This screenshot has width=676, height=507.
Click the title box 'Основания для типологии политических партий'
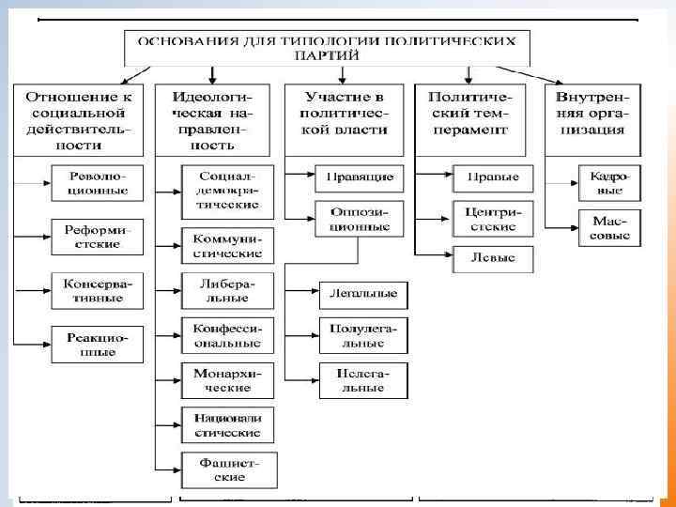click(x=327, y=48)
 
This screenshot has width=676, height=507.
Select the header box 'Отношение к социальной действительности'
click(x=78, y=118)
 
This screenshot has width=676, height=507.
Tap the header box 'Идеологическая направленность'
click(x=221, y=118)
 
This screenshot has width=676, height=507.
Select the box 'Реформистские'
click(x=98, y=237)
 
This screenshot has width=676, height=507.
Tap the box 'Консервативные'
click(x=98, y=291)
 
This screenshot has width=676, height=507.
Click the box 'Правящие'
click(x=360, y=177)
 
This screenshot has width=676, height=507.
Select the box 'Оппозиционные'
click(x=360, y=219)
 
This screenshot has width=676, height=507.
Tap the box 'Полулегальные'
click(x=363, y=336)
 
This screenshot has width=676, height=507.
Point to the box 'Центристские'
click(x=492, y=219)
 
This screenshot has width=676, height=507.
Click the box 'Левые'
click(x=492, y=258)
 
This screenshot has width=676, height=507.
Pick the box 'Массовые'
click(x=609, y=225)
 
